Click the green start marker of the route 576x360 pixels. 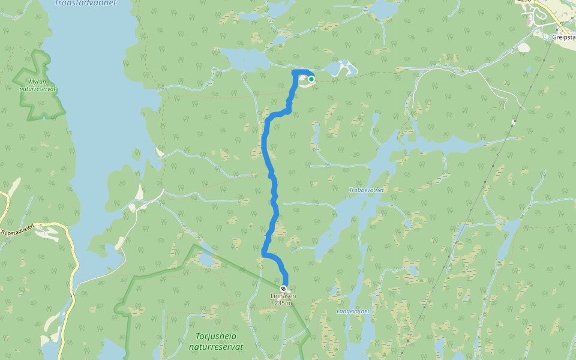point(311,79)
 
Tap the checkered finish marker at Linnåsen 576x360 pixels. point(283,289)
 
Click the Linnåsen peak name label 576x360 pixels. point(283,296)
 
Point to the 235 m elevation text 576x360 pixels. point(283,303)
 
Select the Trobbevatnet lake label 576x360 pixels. point(366,190)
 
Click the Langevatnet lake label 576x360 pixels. point(353,311)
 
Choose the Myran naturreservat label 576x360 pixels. point(38,85)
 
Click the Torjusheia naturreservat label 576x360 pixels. point(215,341)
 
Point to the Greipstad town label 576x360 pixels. point(563,36)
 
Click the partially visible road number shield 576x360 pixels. point(523,2)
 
